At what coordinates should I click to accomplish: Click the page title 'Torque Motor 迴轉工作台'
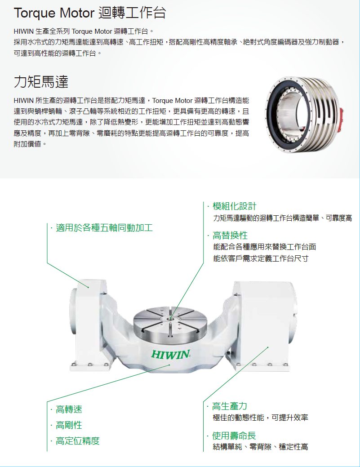pyautogui.click(x=90, y=13)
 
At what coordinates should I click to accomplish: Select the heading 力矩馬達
pyautogui.click(x=41, y=82)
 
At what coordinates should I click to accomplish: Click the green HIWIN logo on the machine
pyautogui.click(x=170, y=354)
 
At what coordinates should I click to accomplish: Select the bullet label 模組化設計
pyautogui.click(x=234, y=206)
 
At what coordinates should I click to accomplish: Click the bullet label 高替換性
pyautogui.click(x=230, y=236)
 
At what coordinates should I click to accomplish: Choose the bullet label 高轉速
pyautogui.click(x=69, y=409)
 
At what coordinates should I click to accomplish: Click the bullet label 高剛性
pyautogui.click(x=69, y=425)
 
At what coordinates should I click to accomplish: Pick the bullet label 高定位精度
pyautogui.click(x=77, y=441)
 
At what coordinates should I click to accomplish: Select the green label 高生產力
pyautogui.click(x=230, y=406)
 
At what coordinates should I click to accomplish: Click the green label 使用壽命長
pyautogui.click(x=234, y=436)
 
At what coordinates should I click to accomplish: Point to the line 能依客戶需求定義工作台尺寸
pyautogui.click(x=261, y=259)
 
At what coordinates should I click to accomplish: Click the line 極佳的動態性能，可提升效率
pyautogui.click(x=260, y=418)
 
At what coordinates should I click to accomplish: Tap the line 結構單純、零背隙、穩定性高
pyautogui.click(x=260, y=447)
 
